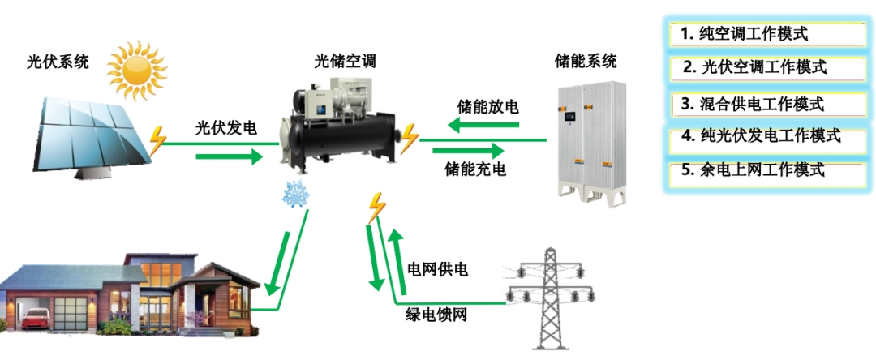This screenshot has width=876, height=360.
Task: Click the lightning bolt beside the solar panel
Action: (x=157, y=139)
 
